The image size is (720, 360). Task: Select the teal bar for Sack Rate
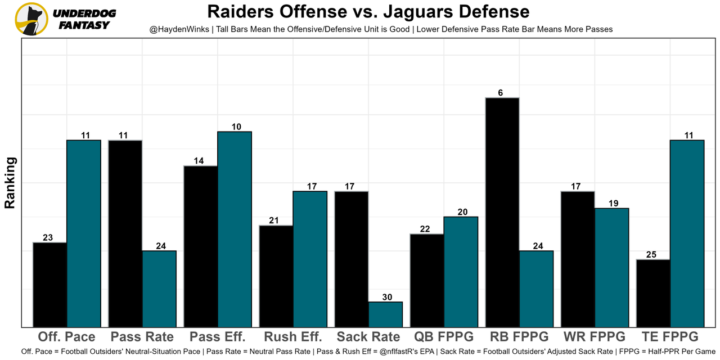pos(385,314)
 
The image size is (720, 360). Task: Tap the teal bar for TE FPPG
pos(687,233)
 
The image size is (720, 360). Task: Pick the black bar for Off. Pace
pos(50,284)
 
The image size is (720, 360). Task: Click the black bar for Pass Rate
pos(125,233)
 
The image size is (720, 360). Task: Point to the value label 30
pos(387,297)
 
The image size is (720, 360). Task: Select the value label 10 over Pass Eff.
pos(236,127)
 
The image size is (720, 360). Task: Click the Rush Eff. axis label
pos(293,337)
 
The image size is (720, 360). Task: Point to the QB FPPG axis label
pos(444,337)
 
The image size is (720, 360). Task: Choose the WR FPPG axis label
pos(595,337)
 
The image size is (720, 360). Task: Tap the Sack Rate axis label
pos(368,337)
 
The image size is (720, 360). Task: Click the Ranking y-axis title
pos(10,183)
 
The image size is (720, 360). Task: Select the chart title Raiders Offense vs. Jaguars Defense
pos(368,12)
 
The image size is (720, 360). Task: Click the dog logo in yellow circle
pos(31,19)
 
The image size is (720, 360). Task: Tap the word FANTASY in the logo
pos(84,25)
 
